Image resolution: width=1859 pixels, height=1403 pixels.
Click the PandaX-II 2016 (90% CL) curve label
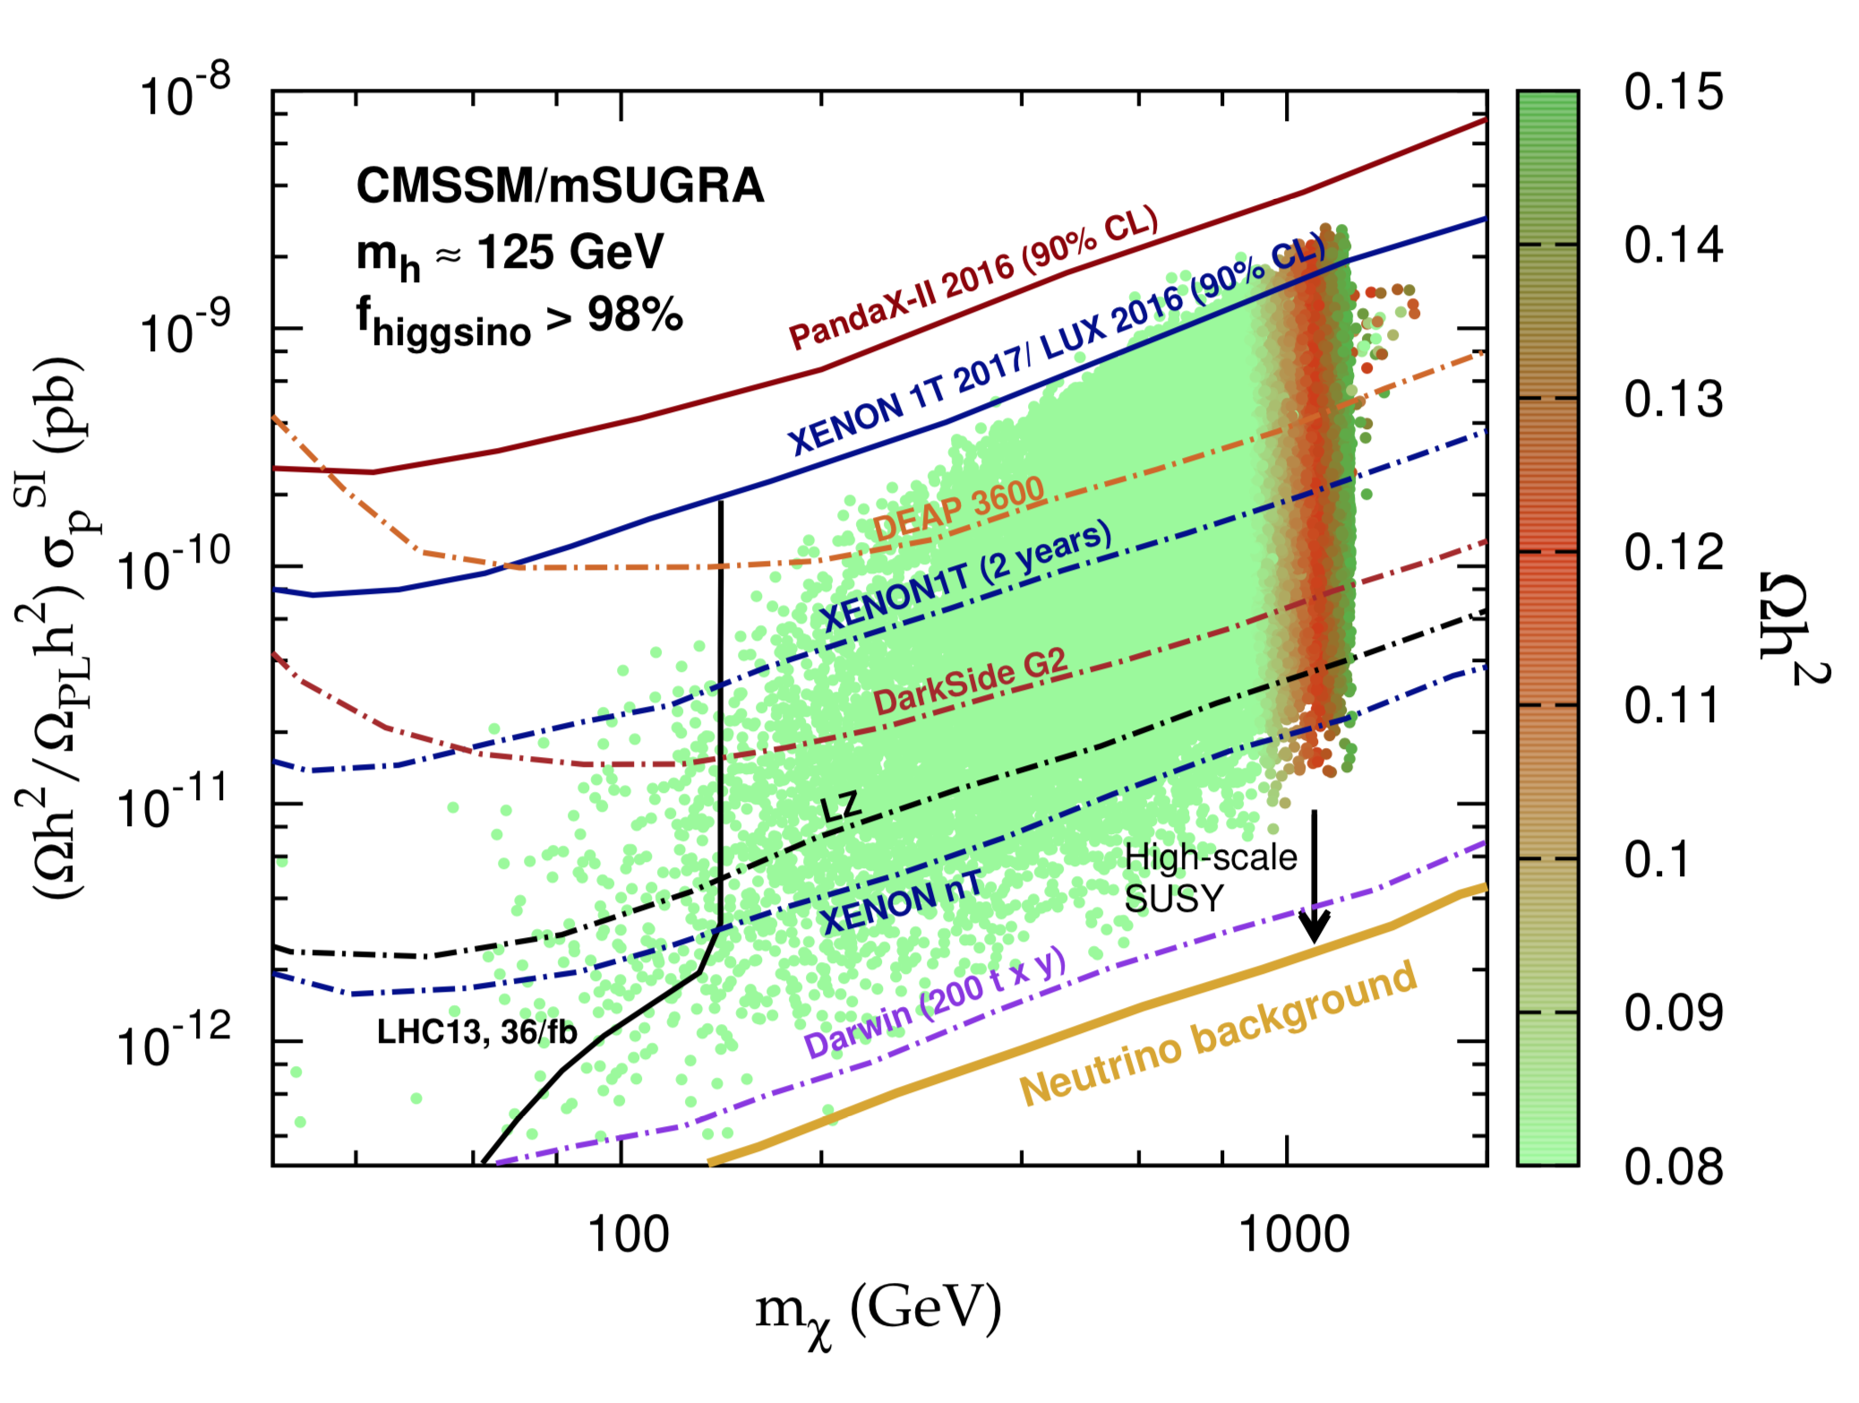click(x=973, y=278)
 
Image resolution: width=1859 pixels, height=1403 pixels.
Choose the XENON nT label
click(x=901, y=902)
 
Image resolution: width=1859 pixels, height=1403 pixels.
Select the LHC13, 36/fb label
click(x=476, y=1032)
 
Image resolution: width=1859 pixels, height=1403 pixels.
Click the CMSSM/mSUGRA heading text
click(x=560, y=185)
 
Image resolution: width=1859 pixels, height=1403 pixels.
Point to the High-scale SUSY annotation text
click(x=1209, y=877)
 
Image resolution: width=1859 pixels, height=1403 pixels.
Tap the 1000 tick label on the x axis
click(x=1294, y=1235)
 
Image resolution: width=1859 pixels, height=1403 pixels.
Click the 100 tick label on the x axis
click(x=628, y=1235)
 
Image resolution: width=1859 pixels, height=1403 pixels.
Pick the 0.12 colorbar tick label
click(x=1673, y=552)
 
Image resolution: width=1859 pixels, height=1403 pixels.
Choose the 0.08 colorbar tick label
click(x=1673, y=1167)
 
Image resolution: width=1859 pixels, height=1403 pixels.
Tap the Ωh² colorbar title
click(x=1791, y=627)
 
